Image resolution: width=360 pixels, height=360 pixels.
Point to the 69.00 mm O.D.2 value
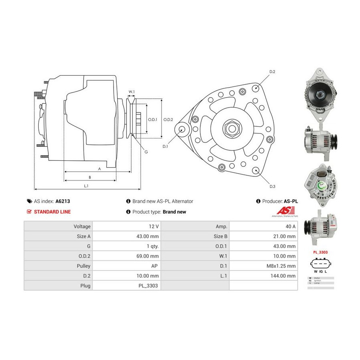(x=147, y=256)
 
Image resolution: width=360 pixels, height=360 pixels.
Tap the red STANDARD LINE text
(x=52, y=212)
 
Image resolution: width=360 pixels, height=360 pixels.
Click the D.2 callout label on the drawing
(x=272, y=72)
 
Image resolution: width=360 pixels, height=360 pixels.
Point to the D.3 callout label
(x=272, y=186)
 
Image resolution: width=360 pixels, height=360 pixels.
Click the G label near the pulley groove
(x=146, y=152)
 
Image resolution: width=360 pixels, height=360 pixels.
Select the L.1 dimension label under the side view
(x=86, y=186)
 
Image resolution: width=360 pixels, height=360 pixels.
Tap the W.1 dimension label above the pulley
(x=131, y=92)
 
